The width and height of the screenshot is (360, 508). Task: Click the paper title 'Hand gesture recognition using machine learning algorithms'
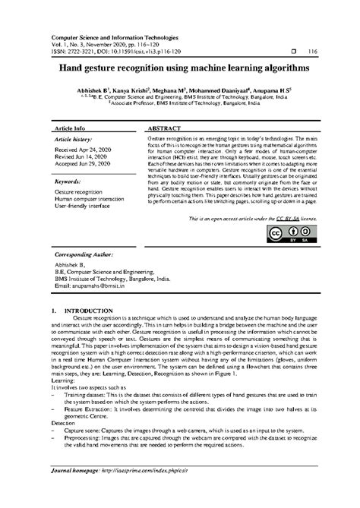[x=179, y=68]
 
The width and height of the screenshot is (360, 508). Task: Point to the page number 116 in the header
[x=311, y=52]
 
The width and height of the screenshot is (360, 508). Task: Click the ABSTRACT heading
[x=163, y=129]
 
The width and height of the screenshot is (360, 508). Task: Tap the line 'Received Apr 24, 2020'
[x=83, y=150]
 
